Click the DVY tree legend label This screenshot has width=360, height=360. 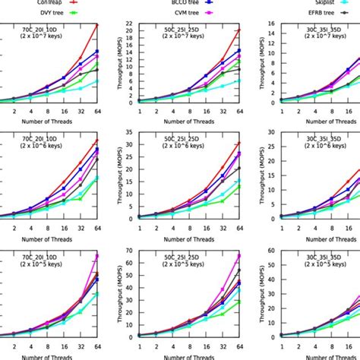pyautogui.click(x=30, y=13)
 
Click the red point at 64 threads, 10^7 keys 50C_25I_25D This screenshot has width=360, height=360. pyautogui.click(x=239, y=31)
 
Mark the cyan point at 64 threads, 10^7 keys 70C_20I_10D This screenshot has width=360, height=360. pyautogui.click(x=96, y=81)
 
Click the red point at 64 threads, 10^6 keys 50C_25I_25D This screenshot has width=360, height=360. pyautogui.click(x=239, y=143)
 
